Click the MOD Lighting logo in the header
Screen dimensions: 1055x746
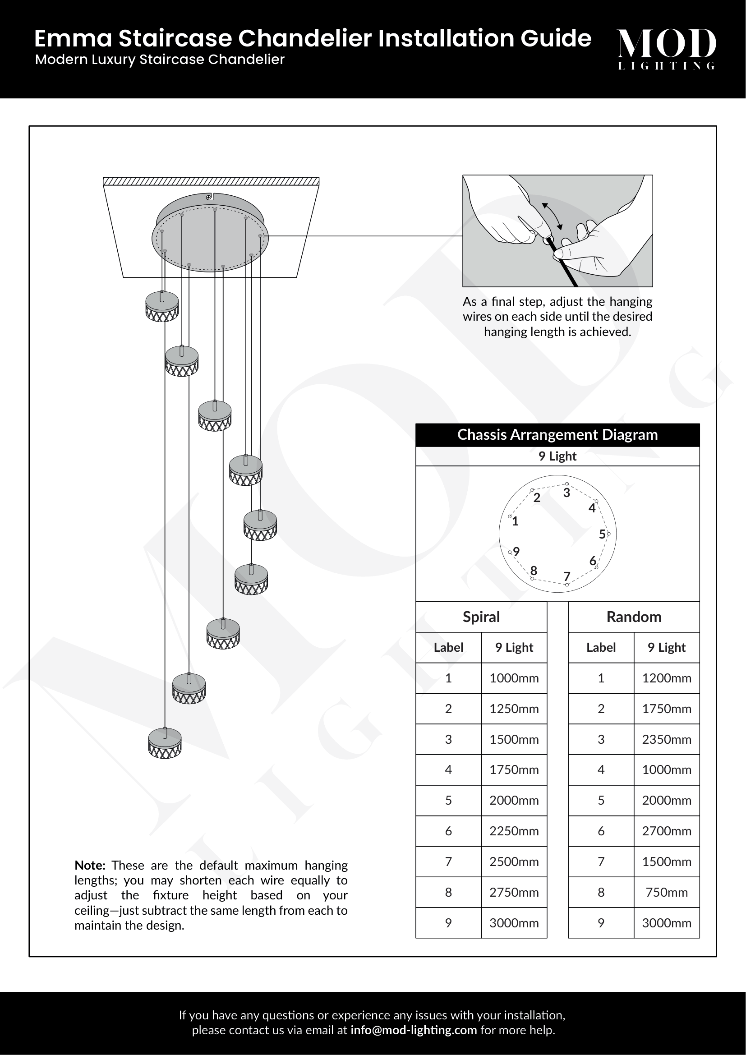(x=666, y=48)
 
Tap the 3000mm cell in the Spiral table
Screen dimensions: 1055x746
(x=514, y=923)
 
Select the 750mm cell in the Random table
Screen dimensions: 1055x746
(x=666, y=892)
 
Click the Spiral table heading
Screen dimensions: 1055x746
(x=481, y=617)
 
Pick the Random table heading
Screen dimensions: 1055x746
(x=633, y=617)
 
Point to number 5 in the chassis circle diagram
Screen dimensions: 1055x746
(x=602, y=534)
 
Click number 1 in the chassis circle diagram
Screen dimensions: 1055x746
(x=516, y=521)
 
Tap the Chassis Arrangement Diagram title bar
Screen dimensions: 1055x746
(x=557, y=435)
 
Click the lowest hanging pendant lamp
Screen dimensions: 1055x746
(x=165, y=742)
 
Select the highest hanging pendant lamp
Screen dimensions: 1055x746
(x=162, y=306)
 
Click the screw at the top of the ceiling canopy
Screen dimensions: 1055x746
(x=209, y=197)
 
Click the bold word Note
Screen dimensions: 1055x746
(x=90, y=866)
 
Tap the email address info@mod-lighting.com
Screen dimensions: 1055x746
(x=414, y=1030)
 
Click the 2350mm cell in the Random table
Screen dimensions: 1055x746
(x=666, y=739)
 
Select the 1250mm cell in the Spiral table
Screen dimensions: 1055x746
(x=514, y=709)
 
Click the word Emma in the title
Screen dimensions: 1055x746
(x=73, y=39)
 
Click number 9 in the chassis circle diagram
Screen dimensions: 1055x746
(x=516, y=552)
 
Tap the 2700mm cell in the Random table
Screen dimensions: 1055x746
(x=666, y=831)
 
